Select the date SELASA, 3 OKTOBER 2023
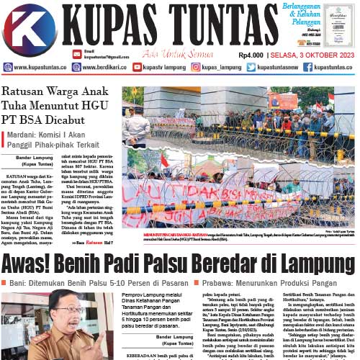click(313, 54)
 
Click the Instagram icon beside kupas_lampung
click(196, 67)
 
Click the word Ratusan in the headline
click(24, 93)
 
